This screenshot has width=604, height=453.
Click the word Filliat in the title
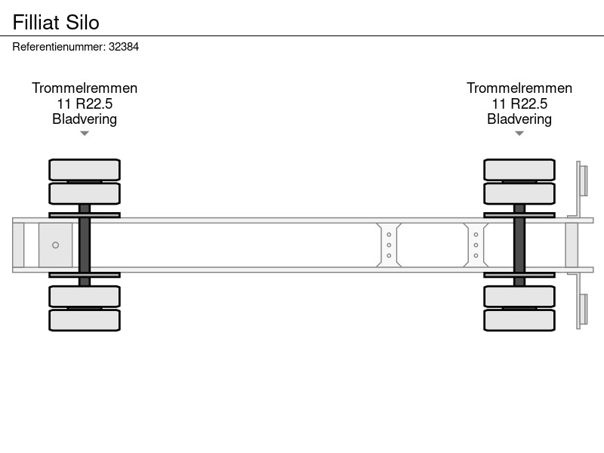click(x=35, y=22)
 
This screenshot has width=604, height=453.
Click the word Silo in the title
click(x=83, y=22)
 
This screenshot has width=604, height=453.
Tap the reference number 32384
click(x=124, y=47)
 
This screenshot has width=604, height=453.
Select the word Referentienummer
click(x=59, y=47)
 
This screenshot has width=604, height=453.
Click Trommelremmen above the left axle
click(x=85, y=88)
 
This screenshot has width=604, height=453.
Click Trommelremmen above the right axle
click(x=519, y=88)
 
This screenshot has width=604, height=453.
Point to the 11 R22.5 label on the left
click(x=85, y=103)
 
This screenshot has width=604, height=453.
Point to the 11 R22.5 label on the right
click(x=519, y=103)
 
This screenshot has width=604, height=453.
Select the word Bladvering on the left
click(x=85, y=119)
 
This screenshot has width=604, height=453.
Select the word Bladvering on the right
click(x=519, y=119)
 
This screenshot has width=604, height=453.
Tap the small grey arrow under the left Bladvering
click(x=85, y=134)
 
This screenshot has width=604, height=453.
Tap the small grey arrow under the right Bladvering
click(x=519, y=134)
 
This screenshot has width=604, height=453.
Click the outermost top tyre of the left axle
click(x=85, y=169)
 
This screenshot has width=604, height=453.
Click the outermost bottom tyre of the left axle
click(x=85, y=320)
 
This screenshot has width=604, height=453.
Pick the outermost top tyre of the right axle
click(x=519, y=169)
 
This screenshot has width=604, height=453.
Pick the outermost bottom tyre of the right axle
click(x=519, y=320)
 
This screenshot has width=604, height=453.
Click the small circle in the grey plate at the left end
click(x=55, y=245)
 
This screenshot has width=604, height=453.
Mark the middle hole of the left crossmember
click(x=389, y=245)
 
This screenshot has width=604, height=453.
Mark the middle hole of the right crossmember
click(x=476, y=245)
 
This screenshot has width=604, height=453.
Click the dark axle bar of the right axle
click(x=519, y=245)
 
